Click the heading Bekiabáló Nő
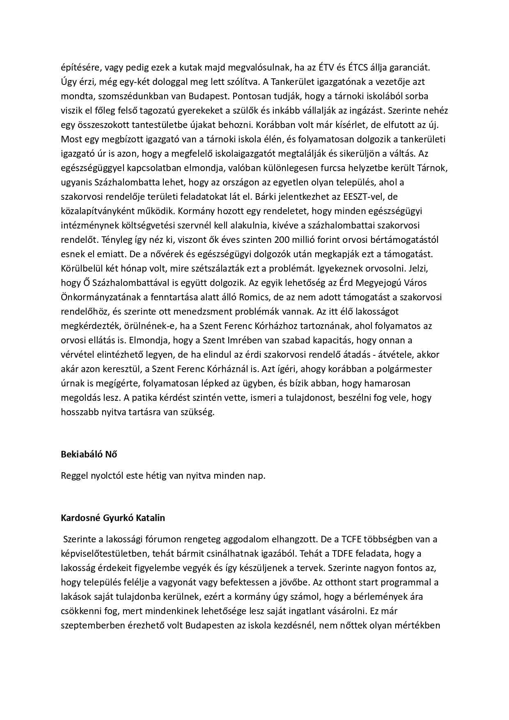(x=89, y=454)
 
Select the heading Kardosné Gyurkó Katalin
(x=113, y=518)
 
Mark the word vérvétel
(x=77, y=354)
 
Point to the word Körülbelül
(x=81, y=268)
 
